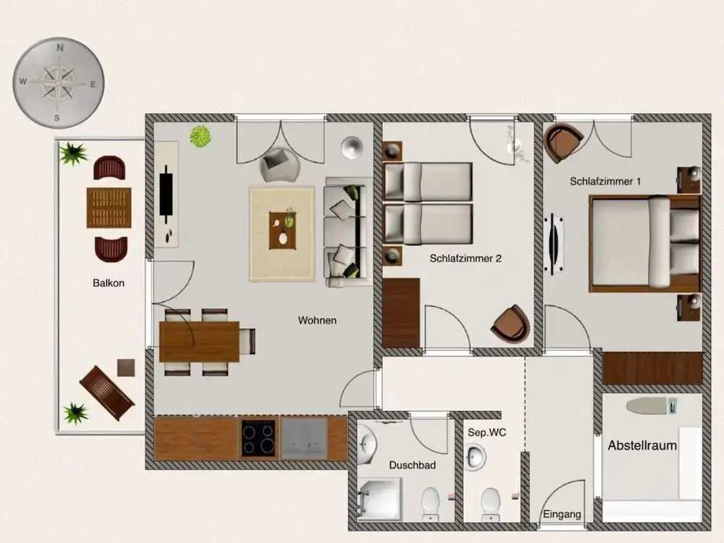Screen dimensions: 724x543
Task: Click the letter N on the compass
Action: tap(60, 48)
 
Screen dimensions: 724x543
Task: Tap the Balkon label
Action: tap(109, 283)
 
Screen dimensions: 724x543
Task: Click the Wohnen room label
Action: tap(317, 320)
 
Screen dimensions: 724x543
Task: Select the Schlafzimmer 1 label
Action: tap(605, 182)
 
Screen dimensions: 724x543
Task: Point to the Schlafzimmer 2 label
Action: tap(466, 258)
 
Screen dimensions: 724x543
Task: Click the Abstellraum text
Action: tap(642, 445)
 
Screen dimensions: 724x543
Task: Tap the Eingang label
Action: tap(562, 514)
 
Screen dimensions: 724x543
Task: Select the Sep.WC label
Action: tap(487, 433)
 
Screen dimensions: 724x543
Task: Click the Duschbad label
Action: tap(413, 465)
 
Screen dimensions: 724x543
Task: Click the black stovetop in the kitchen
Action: tap(258, 438)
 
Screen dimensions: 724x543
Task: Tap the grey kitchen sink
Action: tap(304, 438)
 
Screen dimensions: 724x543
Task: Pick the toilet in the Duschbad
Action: tap(430, 504)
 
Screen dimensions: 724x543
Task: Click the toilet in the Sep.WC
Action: tap(490, 504)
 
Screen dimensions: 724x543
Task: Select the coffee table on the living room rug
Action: tap(282, 230)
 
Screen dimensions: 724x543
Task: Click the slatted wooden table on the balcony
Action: tap(109, 208)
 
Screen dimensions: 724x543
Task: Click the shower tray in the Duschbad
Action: tap(379, 499)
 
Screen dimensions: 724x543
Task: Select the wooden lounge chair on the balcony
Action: tap(107, 393)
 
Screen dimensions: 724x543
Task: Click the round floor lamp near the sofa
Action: tap(353, 148)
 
